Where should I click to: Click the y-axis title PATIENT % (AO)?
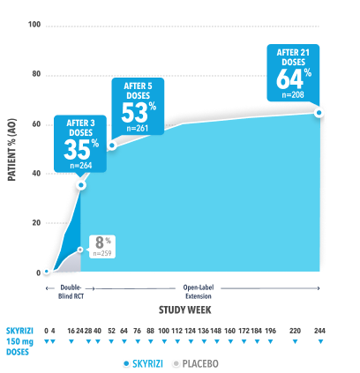12,149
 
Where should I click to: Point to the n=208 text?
296,93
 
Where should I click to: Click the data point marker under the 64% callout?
319,113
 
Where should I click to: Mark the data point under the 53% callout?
111,145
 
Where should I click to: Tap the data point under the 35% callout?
81,184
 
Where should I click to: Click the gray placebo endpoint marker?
80,250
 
